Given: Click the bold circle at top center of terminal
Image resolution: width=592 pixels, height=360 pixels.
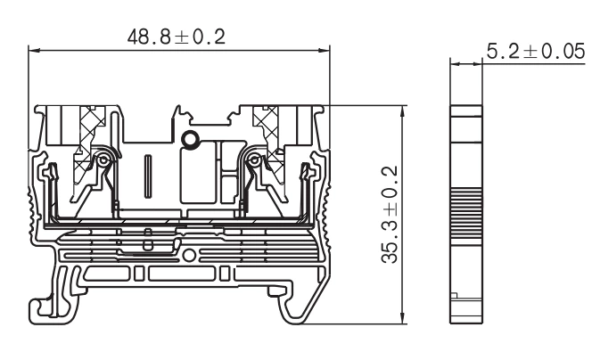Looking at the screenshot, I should (190, 139).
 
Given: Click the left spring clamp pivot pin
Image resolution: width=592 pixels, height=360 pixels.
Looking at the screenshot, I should (104, 160).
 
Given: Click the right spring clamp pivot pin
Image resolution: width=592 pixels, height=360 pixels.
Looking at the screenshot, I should (257, 160).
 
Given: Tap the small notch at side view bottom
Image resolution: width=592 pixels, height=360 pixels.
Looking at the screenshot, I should (454, 298).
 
